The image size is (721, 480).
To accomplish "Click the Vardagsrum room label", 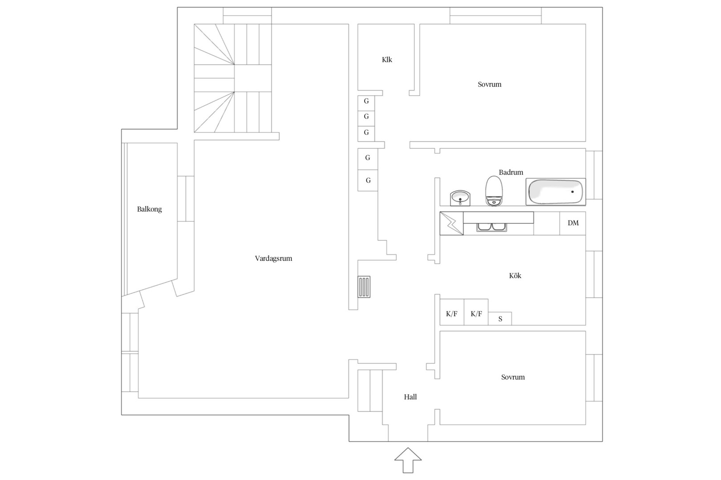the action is [273, 259].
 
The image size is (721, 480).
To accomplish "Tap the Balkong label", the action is [150, 209].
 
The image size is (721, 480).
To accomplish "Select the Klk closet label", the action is [387, 60].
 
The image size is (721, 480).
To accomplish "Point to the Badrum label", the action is [511, 172].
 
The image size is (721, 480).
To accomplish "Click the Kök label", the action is [515, 276].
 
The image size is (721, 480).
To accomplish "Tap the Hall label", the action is [410, 397].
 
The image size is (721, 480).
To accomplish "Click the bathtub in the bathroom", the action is [555, 192].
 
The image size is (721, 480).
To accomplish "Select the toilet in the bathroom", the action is [494, 191].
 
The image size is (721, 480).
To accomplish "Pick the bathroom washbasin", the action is [460, 198].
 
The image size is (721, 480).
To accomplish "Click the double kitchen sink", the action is [491, 227].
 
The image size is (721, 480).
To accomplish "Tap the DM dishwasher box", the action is [573, 223].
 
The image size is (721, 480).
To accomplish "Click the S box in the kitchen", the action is [500, 319].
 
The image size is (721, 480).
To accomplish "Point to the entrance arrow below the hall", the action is [408, 460].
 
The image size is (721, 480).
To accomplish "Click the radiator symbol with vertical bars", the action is [364, 287].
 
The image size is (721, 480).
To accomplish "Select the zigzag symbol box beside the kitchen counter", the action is [452, 224].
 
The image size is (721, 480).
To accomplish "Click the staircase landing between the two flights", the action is [253, 78].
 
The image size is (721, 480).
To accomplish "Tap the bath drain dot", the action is [572, 192].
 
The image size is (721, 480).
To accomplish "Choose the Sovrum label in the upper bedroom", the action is [489, 84].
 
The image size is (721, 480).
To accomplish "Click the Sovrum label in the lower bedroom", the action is [513, 377].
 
